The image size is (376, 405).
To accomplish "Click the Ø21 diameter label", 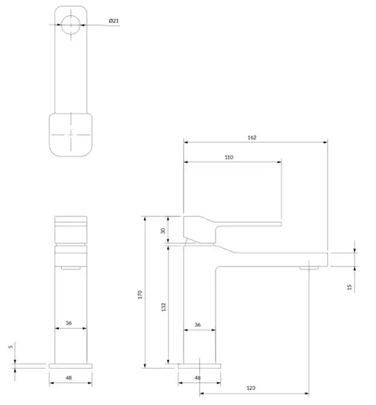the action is (x=113, y=21).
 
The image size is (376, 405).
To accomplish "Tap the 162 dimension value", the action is (x=252, y=137).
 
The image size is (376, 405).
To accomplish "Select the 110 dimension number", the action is (x=229, y=157).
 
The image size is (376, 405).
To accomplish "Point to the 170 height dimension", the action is (x=140, y=295).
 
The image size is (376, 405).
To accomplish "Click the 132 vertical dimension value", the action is (x=164, y=307).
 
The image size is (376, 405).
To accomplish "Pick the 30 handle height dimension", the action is (x=163, y=231).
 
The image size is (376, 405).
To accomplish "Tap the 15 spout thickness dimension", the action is (x=350, y=287).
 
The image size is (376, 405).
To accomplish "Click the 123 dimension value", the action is (x=251, y=387).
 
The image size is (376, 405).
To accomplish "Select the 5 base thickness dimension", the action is (x=11, y=347).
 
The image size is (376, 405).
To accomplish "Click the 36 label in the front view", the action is (x=68, y=323).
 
